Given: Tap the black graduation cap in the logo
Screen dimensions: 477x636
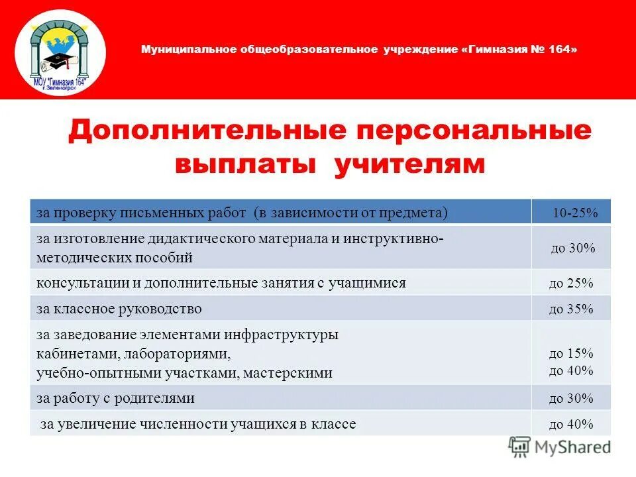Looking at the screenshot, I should point(53,62).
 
